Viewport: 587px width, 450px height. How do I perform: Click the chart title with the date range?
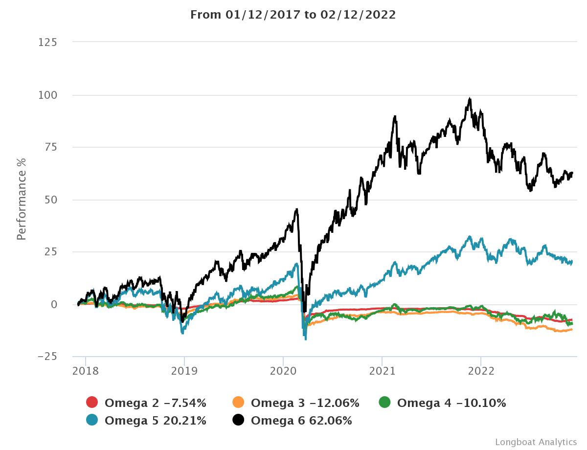coord(293,15)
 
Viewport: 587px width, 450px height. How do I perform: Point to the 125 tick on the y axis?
coord(48,43)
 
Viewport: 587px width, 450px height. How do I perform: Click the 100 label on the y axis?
coord(48,95)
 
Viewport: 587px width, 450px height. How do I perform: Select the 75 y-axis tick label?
coord(51,147)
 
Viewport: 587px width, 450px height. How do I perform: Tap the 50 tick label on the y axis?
coord(51,200)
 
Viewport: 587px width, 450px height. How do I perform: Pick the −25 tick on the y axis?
coord(48,357)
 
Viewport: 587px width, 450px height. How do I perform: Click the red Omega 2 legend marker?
coord(92,403)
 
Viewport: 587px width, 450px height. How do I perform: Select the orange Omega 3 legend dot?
coord(238,403)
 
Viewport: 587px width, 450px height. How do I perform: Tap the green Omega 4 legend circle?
coord(384,403)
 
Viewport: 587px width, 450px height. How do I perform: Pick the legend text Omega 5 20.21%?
coord(155,420)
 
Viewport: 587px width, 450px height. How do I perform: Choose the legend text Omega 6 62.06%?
coord(301,420)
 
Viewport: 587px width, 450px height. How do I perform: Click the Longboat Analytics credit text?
coord(536,442)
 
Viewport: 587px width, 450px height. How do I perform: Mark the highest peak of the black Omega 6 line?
coord(470,98)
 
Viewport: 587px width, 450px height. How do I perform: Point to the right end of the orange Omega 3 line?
coord(572,330)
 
